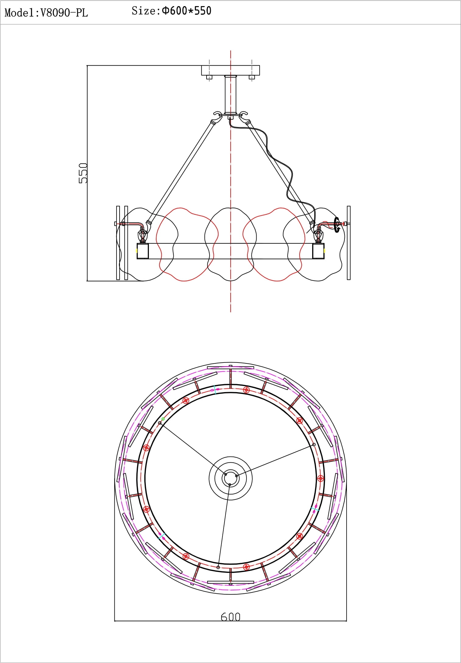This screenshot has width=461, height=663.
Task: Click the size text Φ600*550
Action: point(186,11)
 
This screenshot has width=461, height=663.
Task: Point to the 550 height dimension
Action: point(83,173)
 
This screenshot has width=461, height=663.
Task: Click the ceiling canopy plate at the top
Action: point(230,70)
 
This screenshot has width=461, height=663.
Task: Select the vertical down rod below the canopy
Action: point(230,94)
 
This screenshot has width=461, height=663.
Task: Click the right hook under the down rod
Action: point(244,116)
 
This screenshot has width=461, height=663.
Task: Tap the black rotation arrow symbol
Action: point(337,225)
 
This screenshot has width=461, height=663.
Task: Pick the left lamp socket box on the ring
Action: point(142,251)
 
